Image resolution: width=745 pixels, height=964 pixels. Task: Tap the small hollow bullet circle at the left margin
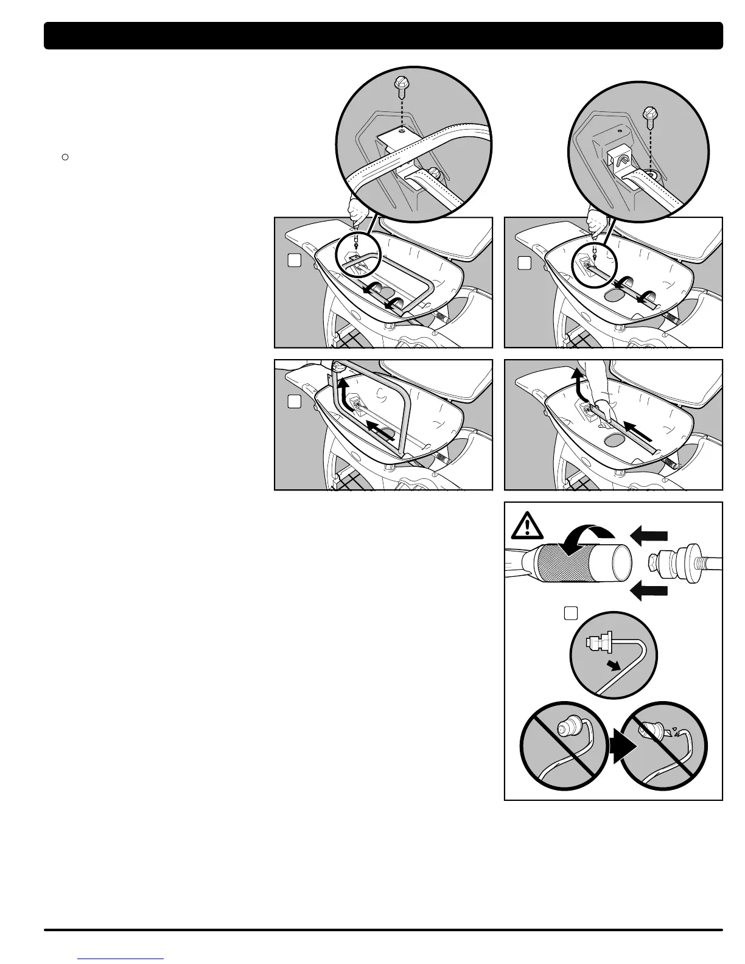point(64,157)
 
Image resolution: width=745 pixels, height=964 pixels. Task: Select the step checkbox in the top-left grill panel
point(294,260)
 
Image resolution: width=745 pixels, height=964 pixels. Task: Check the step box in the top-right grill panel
point(524,263)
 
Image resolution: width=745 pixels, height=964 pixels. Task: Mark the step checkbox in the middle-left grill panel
point(294,402)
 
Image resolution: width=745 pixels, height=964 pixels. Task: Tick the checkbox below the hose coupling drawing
point(570,613)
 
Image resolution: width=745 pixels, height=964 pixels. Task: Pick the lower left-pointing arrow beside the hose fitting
point(650,589)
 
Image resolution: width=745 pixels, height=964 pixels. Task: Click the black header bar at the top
point(383,35)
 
